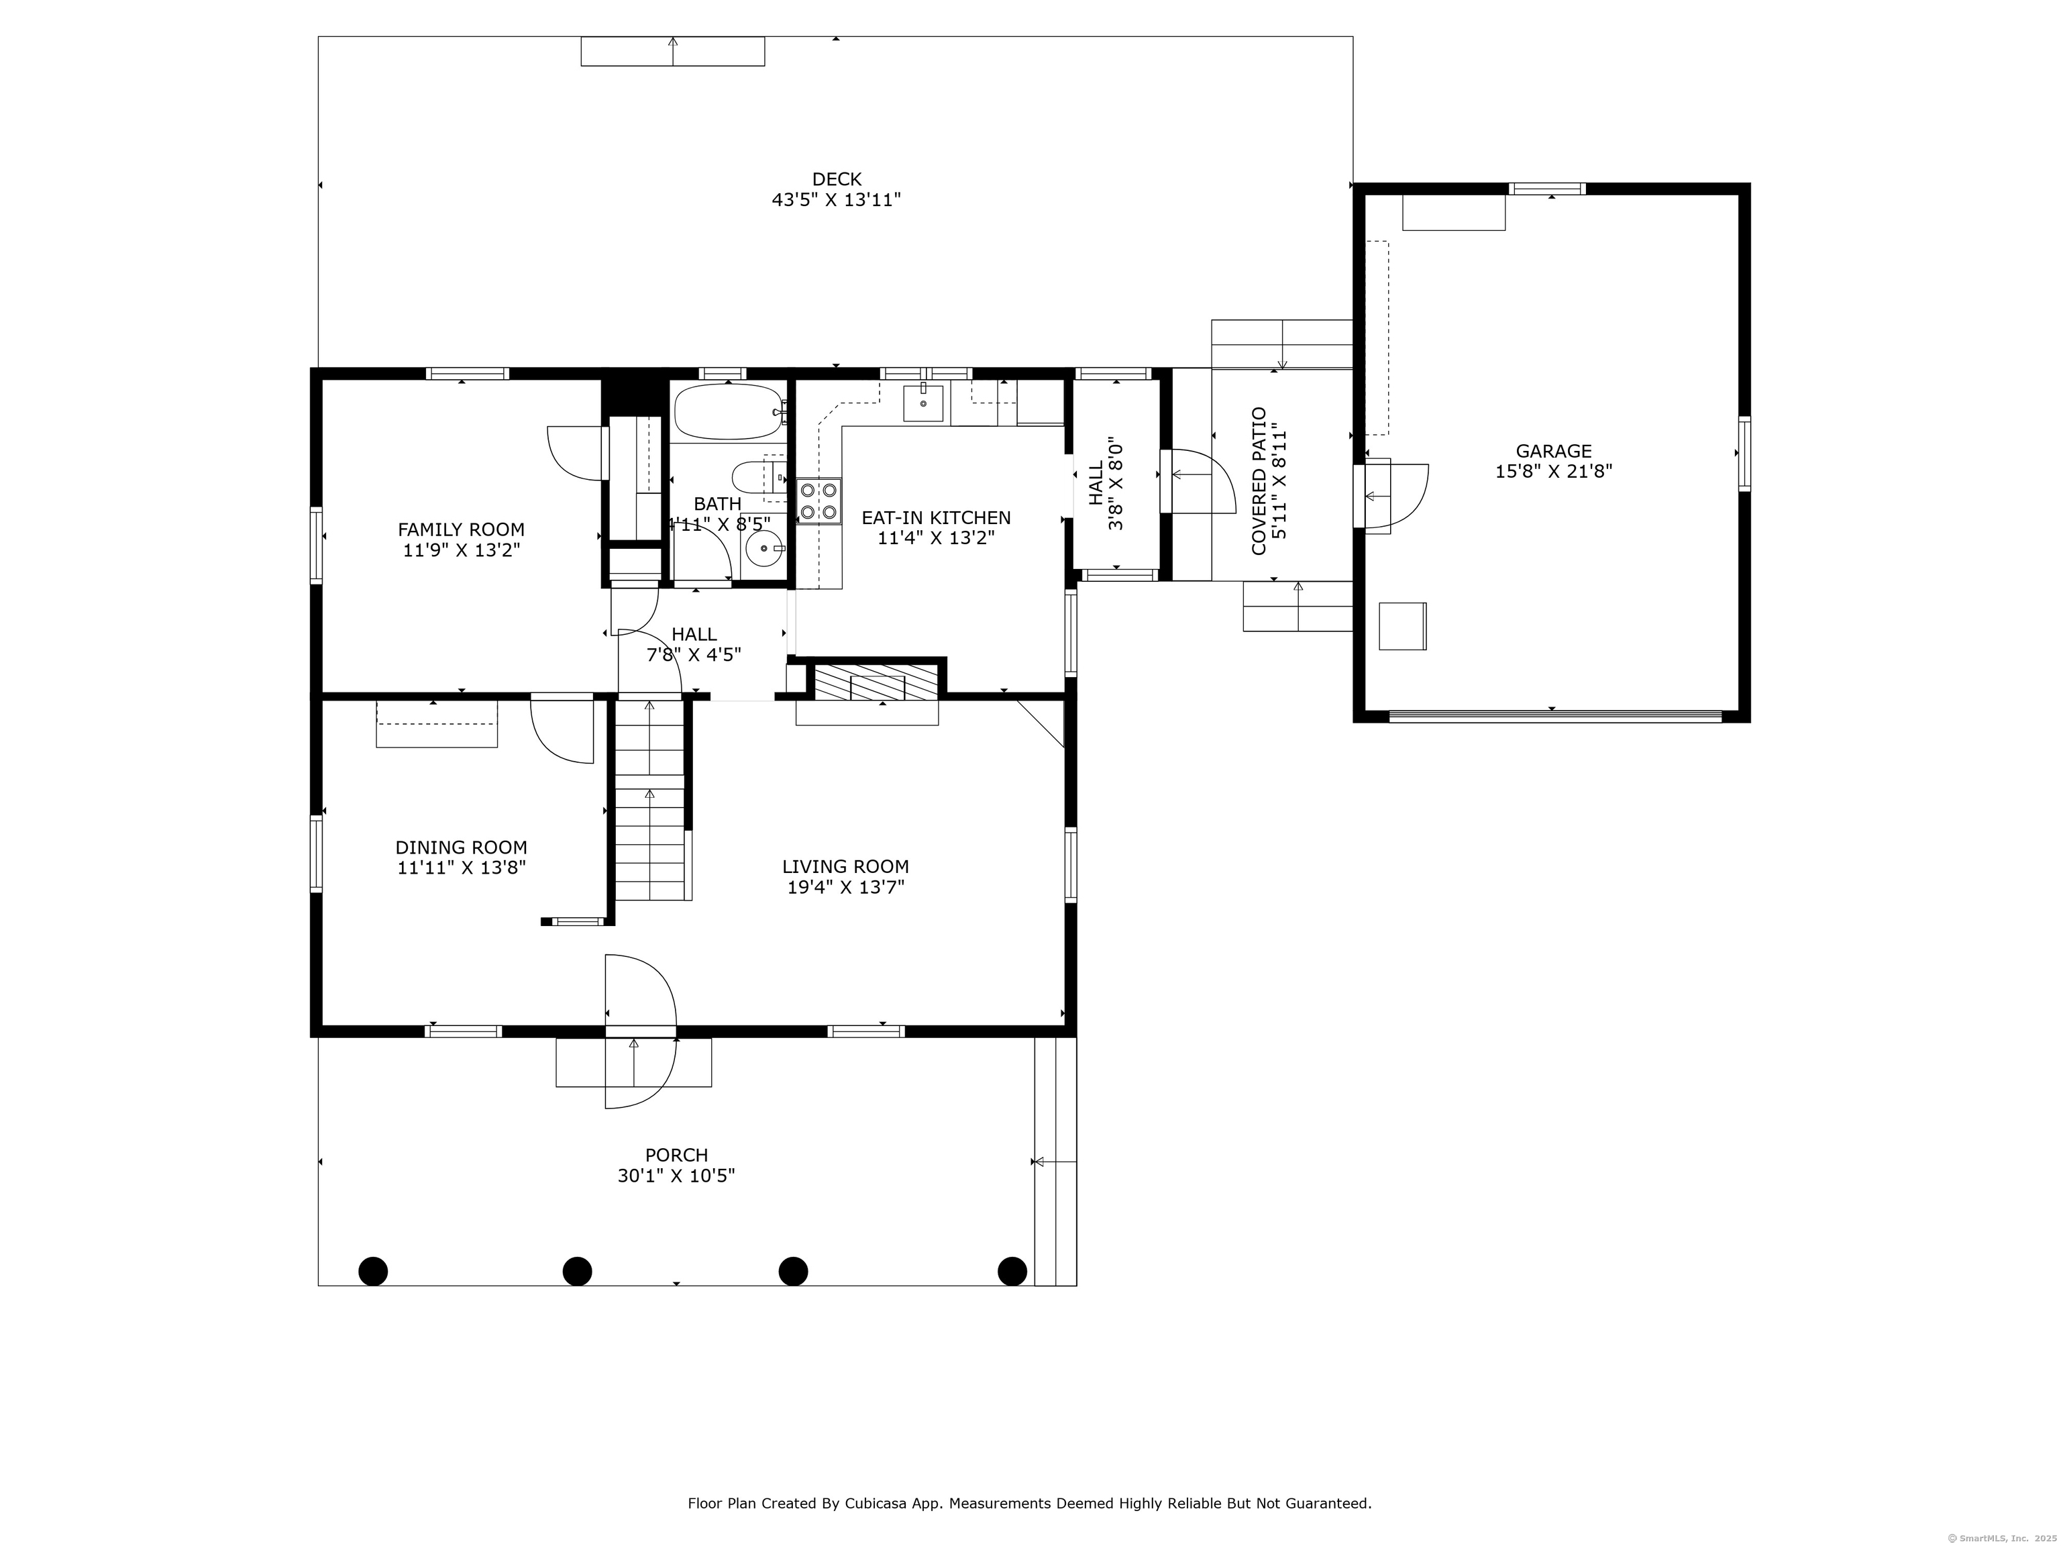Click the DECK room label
point(837,179)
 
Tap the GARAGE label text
point(1553,451)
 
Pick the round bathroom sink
point(764,549)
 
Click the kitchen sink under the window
point(923,403)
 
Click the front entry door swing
point(639,1031)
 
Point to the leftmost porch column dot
point(373,1271)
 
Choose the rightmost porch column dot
point(1013,1271)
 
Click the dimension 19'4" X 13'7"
point(846,887)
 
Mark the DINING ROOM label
point(461,848)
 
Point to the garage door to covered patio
point(1391,496)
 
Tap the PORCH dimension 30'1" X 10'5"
point(676,1176)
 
